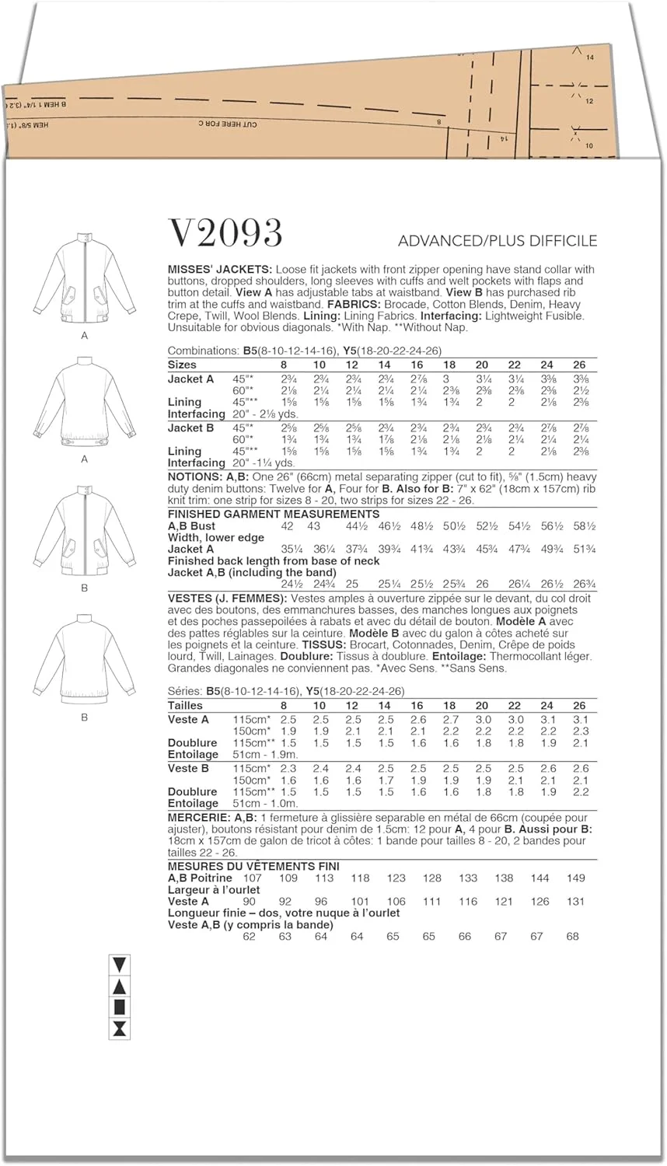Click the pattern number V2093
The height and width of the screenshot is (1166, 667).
225,232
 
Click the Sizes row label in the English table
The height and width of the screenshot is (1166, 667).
182,365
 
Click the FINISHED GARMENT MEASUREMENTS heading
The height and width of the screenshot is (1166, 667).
274,514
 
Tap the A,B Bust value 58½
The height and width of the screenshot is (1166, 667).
580,526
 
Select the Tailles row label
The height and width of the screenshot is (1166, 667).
186,706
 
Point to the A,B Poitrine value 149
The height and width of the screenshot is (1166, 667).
575,878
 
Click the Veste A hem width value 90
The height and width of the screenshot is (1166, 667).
250,902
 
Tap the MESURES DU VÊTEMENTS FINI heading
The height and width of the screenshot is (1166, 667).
253,866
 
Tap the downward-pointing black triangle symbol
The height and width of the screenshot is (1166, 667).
120,965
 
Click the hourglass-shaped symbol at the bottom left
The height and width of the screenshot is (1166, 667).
120,1030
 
